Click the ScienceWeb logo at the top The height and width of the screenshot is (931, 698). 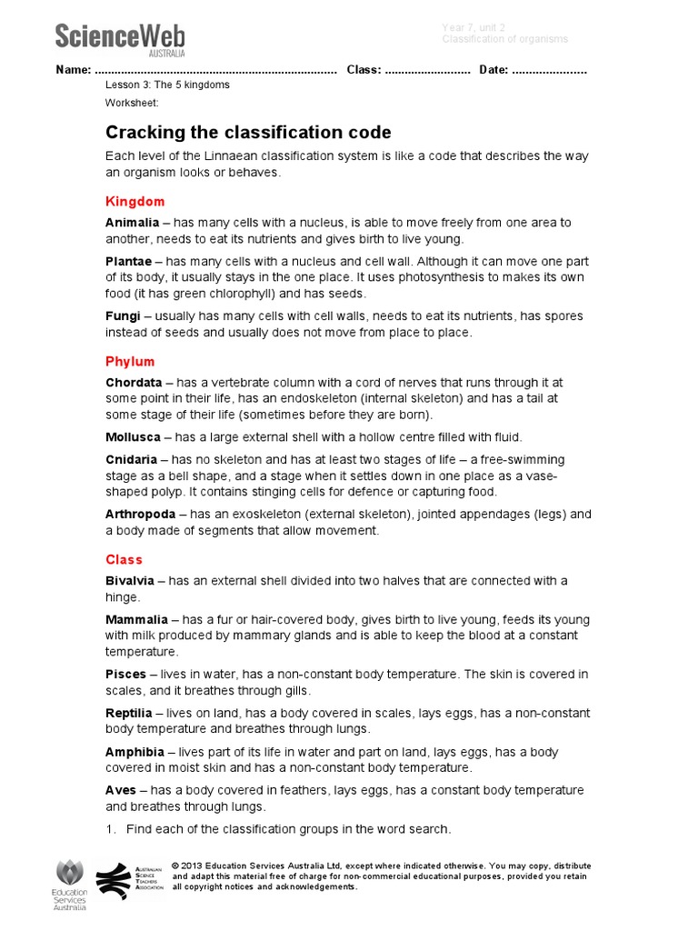[x=119, y=39]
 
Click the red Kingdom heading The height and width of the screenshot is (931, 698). [x=135, y=201]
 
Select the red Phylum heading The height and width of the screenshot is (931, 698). [x=130, y=361]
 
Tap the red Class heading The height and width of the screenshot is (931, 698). [x=124, y=559]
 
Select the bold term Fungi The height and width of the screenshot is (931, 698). [x=123, y=316]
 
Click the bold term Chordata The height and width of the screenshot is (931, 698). [x=134, y=383]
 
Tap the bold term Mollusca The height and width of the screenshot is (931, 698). [x=133, y=437]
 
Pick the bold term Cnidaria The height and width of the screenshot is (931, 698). [x=131, y=459]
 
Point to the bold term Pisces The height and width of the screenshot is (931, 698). [x=125, y=675]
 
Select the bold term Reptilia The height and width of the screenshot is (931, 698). [x=129, y=714]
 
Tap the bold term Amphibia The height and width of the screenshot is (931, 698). [x=135, y=752]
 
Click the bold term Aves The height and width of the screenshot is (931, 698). [x=121, y=791]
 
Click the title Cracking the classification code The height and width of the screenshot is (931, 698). [x=248, y=132]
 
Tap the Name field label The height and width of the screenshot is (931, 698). [x=73, y=70]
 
